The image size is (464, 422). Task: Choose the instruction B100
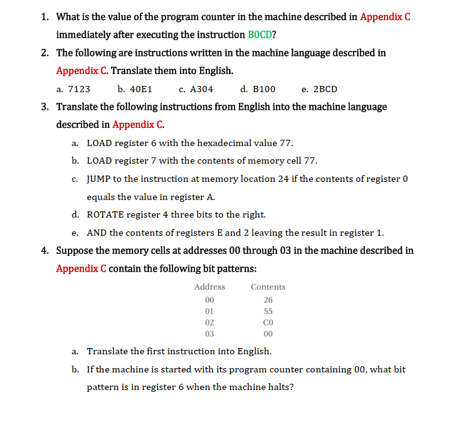click(x=263, y=89)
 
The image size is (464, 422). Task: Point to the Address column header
click(x=209, y=287)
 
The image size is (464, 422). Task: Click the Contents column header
click(x=268, y=287)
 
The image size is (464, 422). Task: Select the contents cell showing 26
click(x=268, y=299)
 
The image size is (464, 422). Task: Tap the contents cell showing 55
click(x=268, y=311)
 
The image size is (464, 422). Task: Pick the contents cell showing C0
click(x=268, y=322)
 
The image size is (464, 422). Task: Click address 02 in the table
click(x=209, y=322)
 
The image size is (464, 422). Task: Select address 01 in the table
click(x=209, y=311)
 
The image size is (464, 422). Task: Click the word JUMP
click(x=98, y=179)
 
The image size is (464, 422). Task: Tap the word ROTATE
click(x=105, y=214)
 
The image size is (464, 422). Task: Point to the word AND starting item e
click(x=96, y=233)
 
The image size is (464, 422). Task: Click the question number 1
click(x=45, y=16)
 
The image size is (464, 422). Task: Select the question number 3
click(x=45, y=107)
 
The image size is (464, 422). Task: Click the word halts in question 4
click(x=280, y=387)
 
